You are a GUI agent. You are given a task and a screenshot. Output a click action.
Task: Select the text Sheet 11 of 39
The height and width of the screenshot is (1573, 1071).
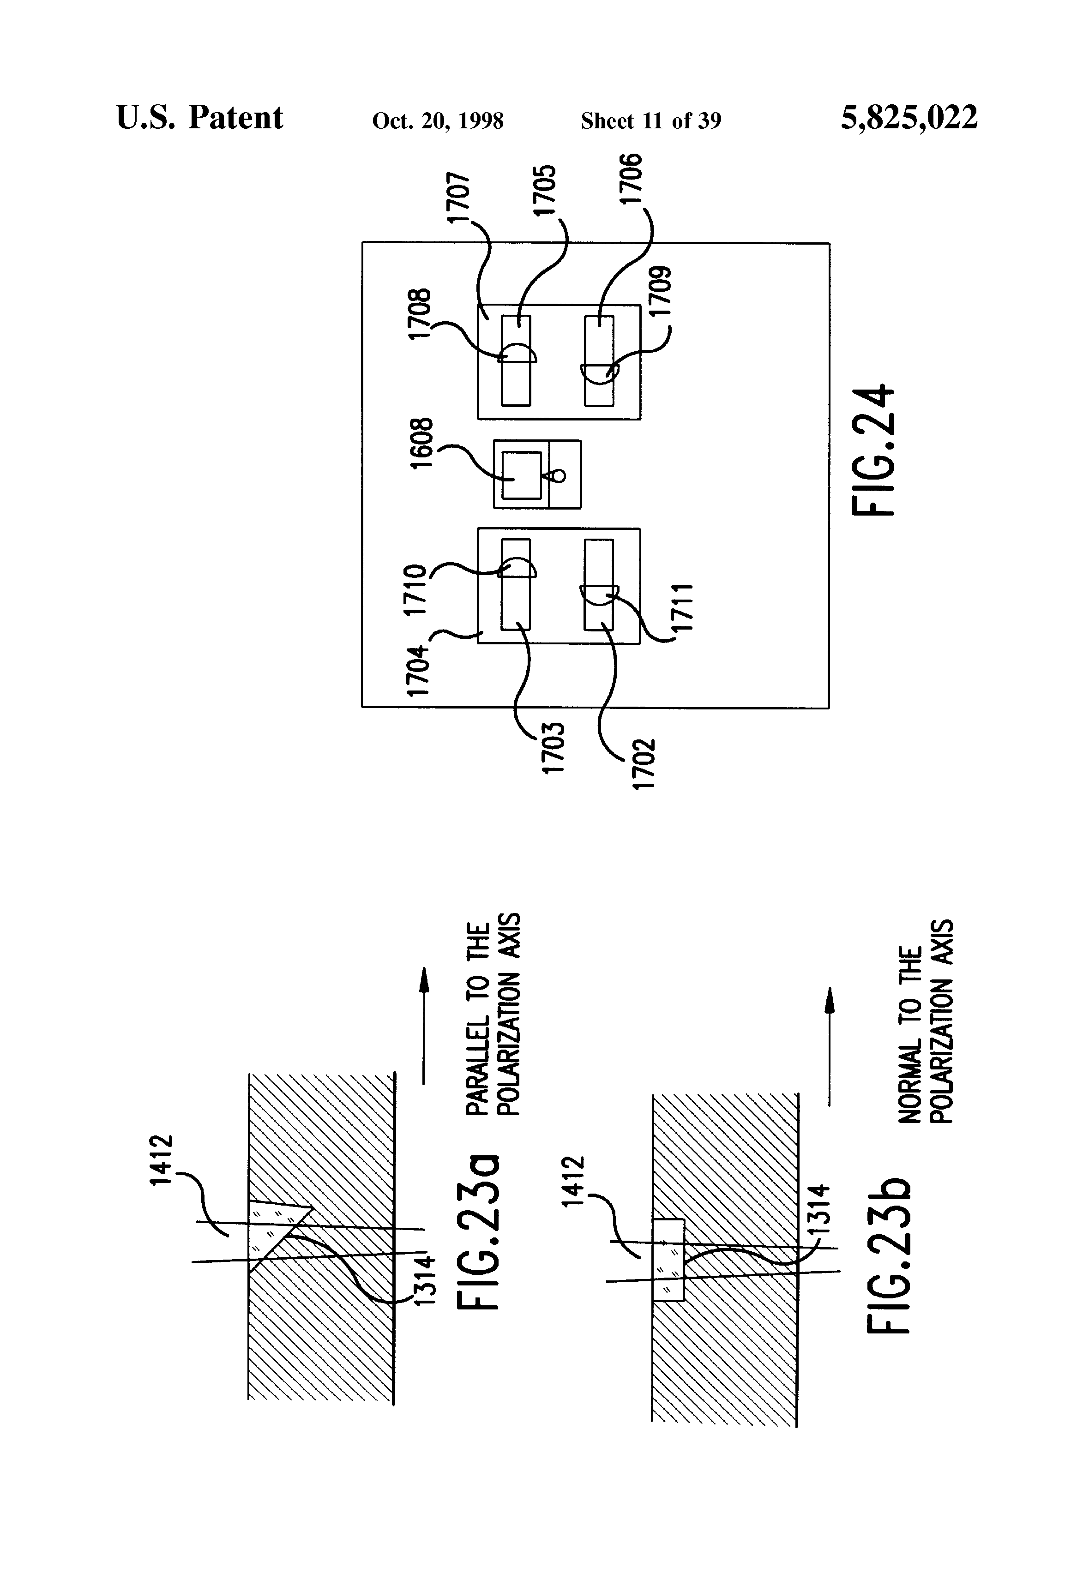coord(650,121)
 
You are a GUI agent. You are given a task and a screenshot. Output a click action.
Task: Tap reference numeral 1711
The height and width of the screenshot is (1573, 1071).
coord(684,608)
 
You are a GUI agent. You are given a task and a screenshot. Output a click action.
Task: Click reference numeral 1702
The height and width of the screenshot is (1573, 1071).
coord(643,763)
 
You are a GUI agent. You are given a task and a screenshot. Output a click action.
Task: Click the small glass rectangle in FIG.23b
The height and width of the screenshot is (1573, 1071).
coord(669,1261)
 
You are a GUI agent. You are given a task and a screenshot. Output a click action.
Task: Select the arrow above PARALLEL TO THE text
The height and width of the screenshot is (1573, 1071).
coord(424,1026)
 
